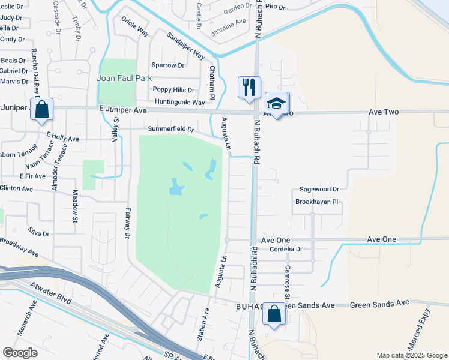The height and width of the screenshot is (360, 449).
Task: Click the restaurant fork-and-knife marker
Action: pyautogui.click(x=249, y=86)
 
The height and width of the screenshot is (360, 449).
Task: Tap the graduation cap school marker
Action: pyautogui.click(x=276, y=103)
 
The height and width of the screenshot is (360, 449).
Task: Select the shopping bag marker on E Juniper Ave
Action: pyautogui.click(x=41, y=109)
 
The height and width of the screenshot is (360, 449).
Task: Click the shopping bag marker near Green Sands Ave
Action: pyautogui.click(x=274, y=314)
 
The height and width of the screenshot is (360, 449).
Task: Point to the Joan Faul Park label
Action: pyautogui.click(x=125, y=78)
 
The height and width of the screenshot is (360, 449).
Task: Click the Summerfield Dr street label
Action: pyautogui.click(x=171, y=129)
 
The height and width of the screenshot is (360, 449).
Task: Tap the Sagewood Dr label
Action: pyautogui.click(x=319, y=189)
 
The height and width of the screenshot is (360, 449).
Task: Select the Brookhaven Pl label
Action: pyautogui.click(x=318, y=202)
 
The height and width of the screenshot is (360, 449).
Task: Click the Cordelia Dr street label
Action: pyautogui.click(x=286, y=248)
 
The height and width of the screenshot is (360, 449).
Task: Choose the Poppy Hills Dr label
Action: pyautogui.click(x=173, y=90)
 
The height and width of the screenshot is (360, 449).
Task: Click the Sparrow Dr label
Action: pyautogui.click(x=168, y=65)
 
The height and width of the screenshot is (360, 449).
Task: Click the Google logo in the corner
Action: pyautogui.click(x=20, y=353)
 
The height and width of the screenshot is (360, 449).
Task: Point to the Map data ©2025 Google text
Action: pyautogui.click(x=411, y=355)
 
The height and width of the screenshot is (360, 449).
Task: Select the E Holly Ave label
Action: pyautogui.click(x=62, y=138)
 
